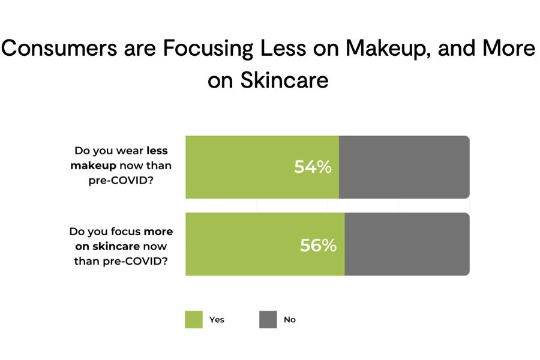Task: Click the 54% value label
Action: tap(313, 167)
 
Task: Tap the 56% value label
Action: tap(318, 245)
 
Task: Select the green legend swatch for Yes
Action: tap(194, 319)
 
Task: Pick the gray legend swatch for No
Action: tap(268, 319)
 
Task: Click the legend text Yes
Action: tap(217, 320)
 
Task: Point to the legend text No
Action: tap(290, 320)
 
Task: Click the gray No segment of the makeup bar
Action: tap(404, 167)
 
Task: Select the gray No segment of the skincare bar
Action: tap(407, 245)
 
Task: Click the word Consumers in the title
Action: tap(58, 49)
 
